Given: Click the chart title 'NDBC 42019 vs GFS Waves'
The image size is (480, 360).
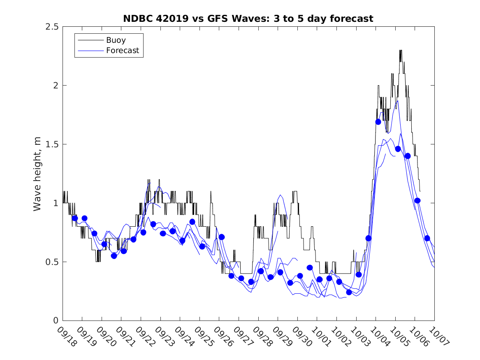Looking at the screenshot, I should pos(248,19).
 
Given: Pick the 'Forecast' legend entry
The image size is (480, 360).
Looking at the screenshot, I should pos(123,51).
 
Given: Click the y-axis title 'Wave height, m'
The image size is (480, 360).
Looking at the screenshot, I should pos(37,174).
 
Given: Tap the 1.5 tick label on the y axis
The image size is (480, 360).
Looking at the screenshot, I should pos(51,144).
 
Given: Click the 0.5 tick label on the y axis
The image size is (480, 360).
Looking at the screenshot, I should pos(51,262).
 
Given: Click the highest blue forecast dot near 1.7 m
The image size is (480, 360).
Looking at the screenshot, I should pos(378,122).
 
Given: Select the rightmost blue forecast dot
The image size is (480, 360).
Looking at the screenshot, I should pos(427,238).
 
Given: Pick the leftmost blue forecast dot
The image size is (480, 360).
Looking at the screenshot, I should pos(75,218).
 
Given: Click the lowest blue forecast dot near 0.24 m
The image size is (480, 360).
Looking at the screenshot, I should pos(349,292).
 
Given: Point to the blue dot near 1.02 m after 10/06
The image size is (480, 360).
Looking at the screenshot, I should pos(417,200).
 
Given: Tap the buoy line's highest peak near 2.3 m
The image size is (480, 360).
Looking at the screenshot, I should pos(401,51).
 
